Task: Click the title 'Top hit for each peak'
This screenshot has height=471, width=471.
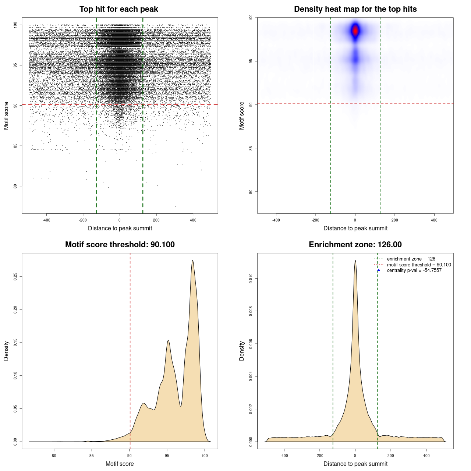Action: pyautogui.click(x=119, y=9)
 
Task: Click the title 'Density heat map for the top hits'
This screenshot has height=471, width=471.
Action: pyautogui.click(x=355, y=9)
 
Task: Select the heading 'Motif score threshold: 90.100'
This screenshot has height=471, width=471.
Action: pyautogui.click(x=120, y=245)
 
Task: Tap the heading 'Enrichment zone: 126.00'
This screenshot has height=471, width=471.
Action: pyautogui.click(x=355, y=245)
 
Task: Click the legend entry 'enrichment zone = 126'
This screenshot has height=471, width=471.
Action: pyautogui.click(x=411, y=259)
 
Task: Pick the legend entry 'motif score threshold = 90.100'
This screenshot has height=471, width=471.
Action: pyautogui.click(x=419, y=265)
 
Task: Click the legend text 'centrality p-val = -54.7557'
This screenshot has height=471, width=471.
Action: pyautogui.click(x=414, y=270)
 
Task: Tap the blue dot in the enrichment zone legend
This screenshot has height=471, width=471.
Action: pyautogui.click(x=379, y=270)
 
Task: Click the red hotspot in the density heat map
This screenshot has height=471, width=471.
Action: pyautogui.click(x=355, y=31)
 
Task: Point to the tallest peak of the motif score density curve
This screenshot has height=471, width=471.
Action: pyautogui.click(x=192, y=261)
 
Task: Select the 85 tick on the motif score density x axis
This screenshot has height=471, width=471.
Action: pyautogui.click(x=92, y=456)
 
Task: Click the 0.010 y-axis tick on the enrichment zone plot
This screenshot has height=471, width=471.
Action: pyautogui.click(x=251, y=279)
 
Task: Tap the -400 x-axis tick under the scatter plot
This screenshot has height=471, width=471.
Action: pyautogui.click(x=46, y=220)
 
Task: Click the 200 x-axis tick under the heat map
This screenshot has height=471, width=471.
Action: pyautogui.click(x=394, y=220)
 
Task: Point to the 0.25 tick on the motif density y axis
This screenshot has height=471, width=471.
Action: pyautogui.click(x=15, y=276)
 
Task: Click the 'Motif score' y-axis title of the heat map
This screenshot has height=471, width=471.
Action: pyautogui.click(x=242, y=116)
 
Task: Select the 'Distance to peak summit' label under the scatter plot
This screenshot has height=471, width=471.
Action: pyautogui.click(x=120, y=229)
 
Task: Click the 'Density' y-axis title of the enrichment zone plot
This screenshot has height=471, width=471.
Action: pyautogui.click(x=242, y=351)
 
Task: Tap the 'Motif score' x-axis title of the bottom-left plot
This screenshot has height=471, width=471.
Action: pyautogui.click(x=120, y=464)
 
